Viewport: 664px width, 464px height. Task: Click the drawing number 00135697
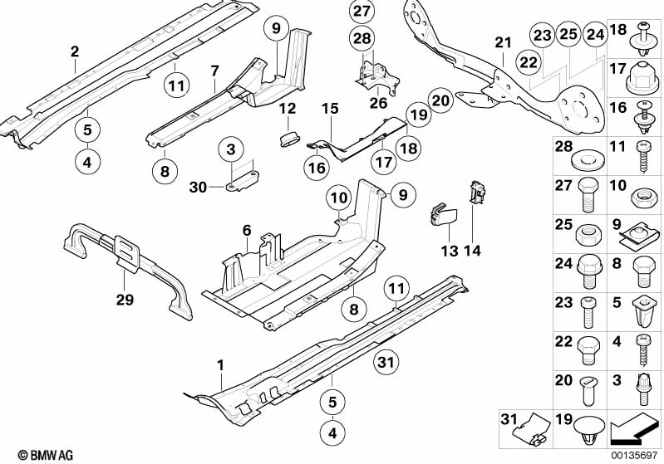coord(635,455)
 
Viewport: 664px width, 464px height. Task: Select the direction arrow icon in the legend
coord(635,430)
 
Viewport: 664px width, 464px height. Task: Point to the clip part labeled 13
coord(443,217)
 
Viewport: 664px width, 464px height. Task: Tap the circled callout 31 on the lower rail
coord(383,361)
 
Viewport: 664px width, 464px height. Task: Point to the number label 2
coord(74,51)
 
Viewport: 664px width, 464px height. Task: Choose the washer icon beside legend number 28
coord(589,155)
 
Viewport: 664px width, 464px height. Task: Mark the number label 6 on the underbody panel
coord(247,230)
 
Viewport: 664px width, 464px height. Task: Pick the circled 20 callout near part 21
coord(440,101)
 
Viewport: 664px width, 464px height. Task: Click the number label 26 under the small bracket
coord(378,103)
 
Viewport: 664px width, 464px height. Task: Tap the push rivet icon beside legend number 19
coord(589,430)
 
